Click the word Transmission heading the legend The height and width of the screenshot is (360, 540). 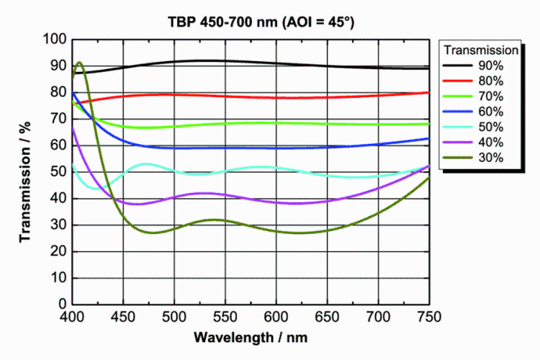[481, 50]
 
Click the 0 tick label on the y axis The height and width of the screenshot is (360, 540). [63, 304]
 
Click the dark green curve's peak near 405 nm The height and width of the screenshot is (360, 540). [79, 63]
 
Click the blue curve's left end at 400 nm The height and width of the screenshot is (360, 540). [73, 92]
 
